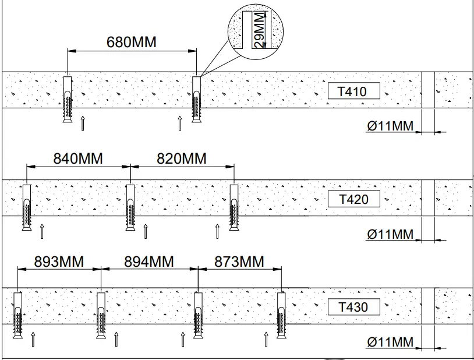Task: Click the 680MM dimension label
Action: pos(132,43)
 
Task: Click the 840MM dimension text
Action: pos(78,158)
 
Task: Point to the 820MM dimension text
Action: pos(182,158)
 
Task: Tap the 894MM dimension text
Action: pos(149,262)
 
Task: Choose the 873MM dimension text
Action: pos(239,262)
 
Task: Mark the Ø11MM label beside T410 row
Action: pos(391,126)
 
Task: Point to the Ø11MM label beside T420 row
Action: pos(391,235)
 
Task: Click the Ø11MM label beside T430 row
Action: pos(391,342)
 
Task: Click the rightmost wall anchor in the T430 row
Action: pos(282,315)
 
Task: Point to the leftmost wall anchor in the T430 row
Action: pos(17,315)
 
